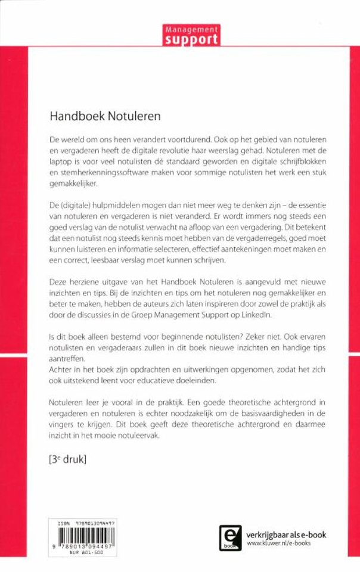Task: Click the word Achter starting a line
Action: (x=61, y=369)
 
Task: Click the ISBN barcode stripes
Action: (x=82, y=531)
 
